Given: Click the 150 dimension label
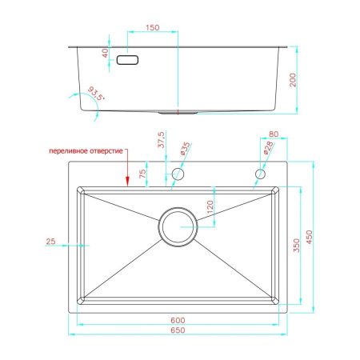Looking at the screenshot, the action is pyautogui.click(x=153, y=27).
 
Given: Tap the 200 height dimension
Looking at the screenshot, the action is pyautogui.click(x=293, y=80).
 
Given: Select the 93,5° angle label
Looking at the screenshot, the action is pyautogui.click(x=96, y=94).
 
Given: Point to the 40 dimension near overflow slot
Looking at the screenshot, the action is pyautogui.click(x=106, y=53).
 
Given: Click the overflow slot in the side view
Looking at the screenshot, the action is pyautogui.click(x=127, y=60).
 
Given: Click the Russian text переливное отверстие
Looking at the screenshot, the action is pyautogui.click(x=86, y=151).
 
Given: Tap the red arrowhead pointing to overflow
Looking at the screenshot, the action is pyautogui.click(x=127, y=181).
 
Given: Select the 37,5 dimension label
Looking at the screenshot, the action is pyautogui.click(x=161, y=139).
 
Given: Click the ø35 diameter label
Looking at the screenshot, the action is pyautogui.click(x=186, y=149).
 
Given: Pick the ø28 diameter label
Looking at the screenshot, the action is pyautogui.click(x=268, y=147).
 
